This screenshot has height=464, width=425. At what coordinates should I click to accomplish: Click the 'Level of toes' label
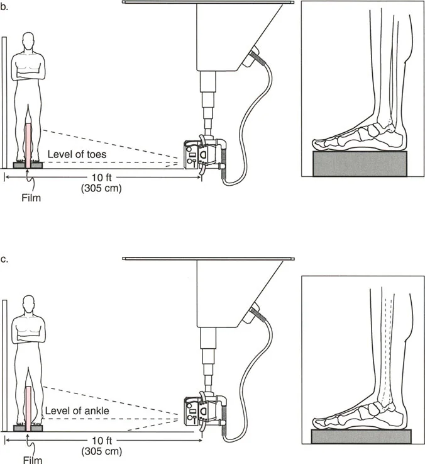[x=77, y=154]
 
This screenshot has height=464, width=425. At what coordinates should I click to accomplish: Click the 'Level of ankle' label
[x=77, y=410]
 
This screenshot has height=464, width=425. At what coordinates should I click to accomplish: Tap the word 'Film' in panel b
[x=31, y=198]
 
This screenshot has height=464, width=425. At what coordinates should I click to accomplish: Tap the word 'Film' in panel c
[x=33, y=460]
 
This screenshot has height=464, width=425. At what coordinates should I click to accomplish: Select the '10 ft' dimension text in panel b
[x=102, y=178]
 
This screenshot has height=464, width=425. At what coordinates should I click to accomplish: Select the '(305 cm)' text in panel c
[x=102, y=451]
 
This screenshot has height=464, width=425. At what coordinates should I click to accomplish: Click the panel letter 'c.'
[x=4, y=259]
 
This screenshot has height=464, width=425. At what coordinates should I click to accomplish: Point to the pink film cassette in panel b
[x=28, y=146]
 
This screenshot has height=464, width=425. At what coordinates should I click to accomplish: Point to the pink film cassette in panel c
[x=29, y=409]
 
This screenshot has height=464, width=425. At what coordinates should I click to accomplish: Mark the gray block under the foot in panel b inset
[x=360, y=164]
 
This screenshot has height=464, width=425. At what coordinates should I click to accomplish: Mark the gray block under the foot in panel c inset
[x=361, y=436]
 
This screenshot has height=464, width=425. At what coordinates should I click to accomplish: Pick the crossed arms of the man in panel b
[x=29, y=74]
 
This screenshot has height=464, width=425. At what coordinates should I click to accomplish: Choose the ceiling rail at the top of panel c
[x=208, y=259]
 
